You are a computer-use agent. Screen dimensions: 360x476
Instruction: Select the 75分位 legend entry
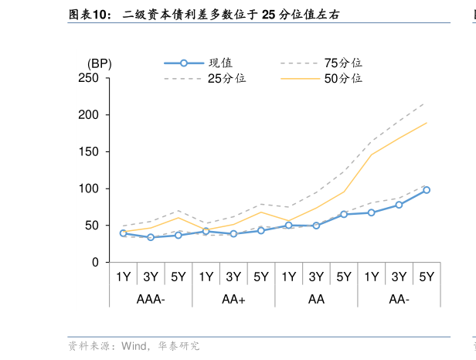click(343, 63)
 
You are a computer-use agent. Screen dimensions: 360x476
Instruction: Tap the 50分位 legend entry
click(343, 78)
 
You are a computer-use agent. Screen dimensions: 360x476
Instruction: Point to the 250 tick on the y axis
click(89, 78)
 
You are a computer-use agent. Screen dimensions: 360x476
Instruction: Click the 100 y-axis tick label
click(89, 188)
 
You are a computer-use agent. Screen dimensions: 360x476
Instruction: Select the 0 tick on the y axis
click(95, 263)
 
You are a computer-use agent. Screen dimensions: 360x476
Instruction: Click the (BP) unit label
click(99, 63)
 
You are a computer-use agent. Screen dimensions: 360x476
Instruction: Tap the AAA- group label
click(150, 299)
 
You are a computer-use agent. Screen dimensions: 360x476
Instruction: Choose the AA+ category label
click(233, 299)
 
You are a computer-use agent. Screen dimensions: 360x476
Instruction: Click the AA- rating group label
click(399, 299)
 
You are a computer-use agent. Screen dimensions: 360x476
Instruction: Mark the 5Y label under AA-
click(427, 277)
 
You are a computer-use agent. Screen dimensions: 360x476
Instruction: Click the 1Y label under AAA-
click(123, 277)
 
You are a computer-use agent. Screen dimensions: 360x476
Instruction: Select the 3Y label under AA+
click(233, 277)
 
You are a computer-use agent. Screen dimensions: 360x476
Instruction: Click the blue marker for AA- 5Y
click(427, 190)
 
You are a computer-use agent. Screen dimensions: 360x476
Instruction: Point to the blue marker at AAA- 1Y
click(123, 233)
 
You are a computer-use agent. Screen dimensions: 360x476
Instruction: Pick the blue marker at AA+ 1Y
click(206, 231)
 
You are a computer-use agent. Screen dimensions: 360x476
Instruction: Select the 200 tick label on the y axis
click(89, 115)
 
